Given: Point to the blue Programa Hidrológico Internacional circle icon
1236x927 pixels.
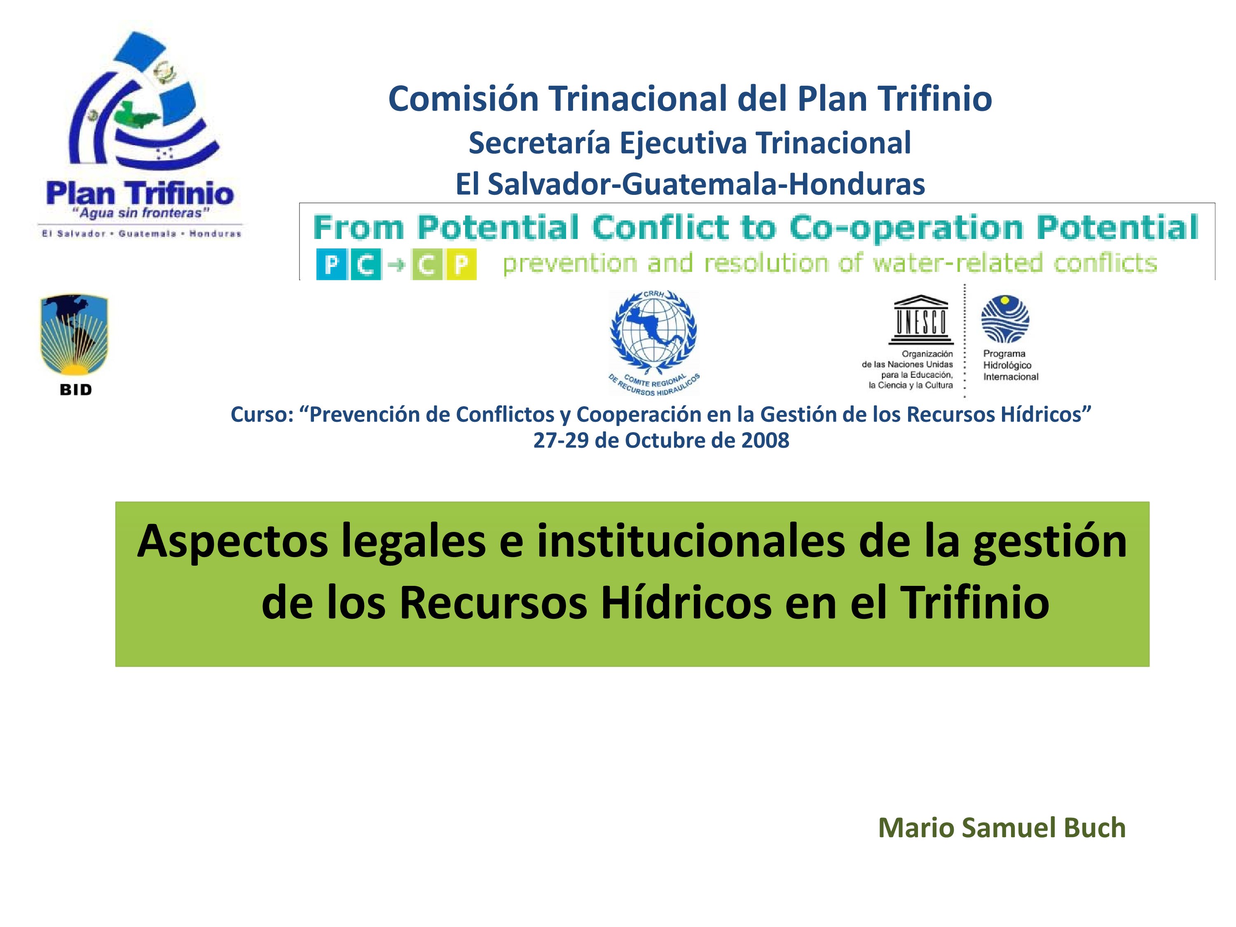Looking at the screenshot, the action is pyautogui.click(x=1005, y=319).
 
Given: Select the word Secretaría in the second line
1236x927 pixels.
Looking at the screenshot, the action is pyautogui.click(x=539, y=143).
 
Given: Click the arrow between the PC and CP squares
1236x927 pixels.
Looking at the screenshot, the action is pyautogui.click(x=396, y=265).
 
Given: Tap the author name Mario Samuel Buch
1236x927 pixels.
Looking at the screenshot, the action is pyautogui.click(x=1002, y=828).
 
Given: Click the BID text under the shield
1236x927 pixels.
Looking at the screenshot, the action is pyautogui.click(x=75, y=390).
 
